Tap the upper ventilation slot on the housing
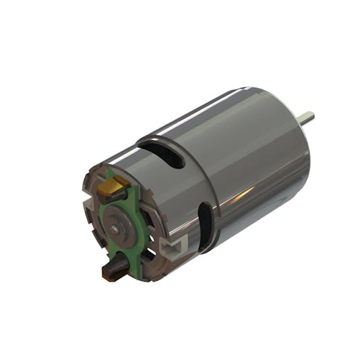click(x=164, y=153)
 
